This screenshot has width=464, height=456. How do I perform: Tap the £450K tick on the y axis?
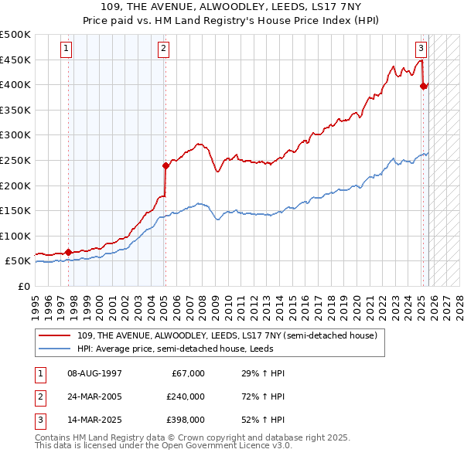click(x=15, y=60)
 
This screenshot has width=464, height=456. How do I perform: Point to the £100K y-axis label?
click(x=15, y=236)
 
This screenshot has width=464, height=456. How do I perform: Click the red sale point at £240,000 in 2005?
click(x=165, y=165)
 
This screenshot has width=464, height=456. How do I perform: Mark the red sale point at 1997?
click(x=68, y=252)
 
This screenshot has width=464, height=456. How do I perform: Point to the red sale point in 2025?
click(x=423, y=86)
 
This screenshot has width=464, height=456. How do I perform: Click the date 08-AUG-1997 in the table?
click(x=94, y=373)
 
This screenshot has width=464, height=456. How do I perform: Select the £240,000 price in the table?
click(x=185, y=396)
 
